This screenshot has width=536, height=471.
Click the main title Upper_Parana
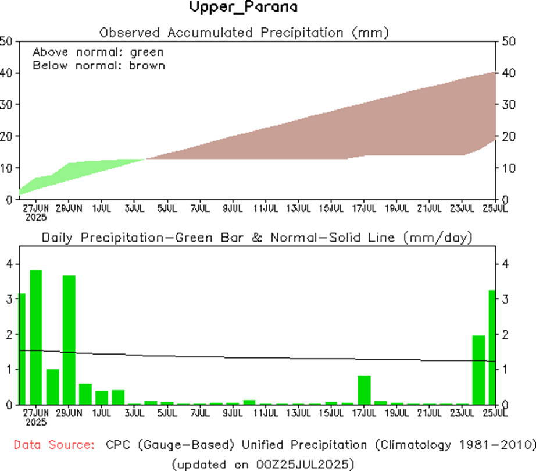pyautogui.click(x=244, y=8)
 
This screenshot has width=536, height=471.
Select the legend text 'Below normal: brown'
pyautogui.click(x=98, y=65)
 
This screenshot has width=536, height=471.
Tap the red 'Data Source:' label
pyautogui.click(x=54, y=445)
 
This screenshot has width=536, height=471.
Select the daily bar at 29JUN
pyautogui.click(x=69, y=339)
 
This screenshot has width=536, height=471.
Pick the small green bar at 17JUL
pyautogui.click(x=364, y=389)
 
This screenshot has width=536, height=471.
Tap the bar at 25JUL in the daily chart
pyautogui.click(x=492, y=346)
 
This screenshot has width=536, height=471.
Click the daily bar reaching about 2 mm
pyautogui.click(x=478, y=370)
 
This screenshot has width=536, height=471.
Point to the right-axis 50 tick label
pyautogui.click(x=509, y=41)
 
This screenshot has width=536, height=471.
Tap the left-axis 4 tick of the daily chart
pyautogui.click(x=9, y=264)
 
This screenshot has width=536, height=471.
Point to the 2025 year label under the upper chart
pyautogui.click(x=35, y=217)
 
